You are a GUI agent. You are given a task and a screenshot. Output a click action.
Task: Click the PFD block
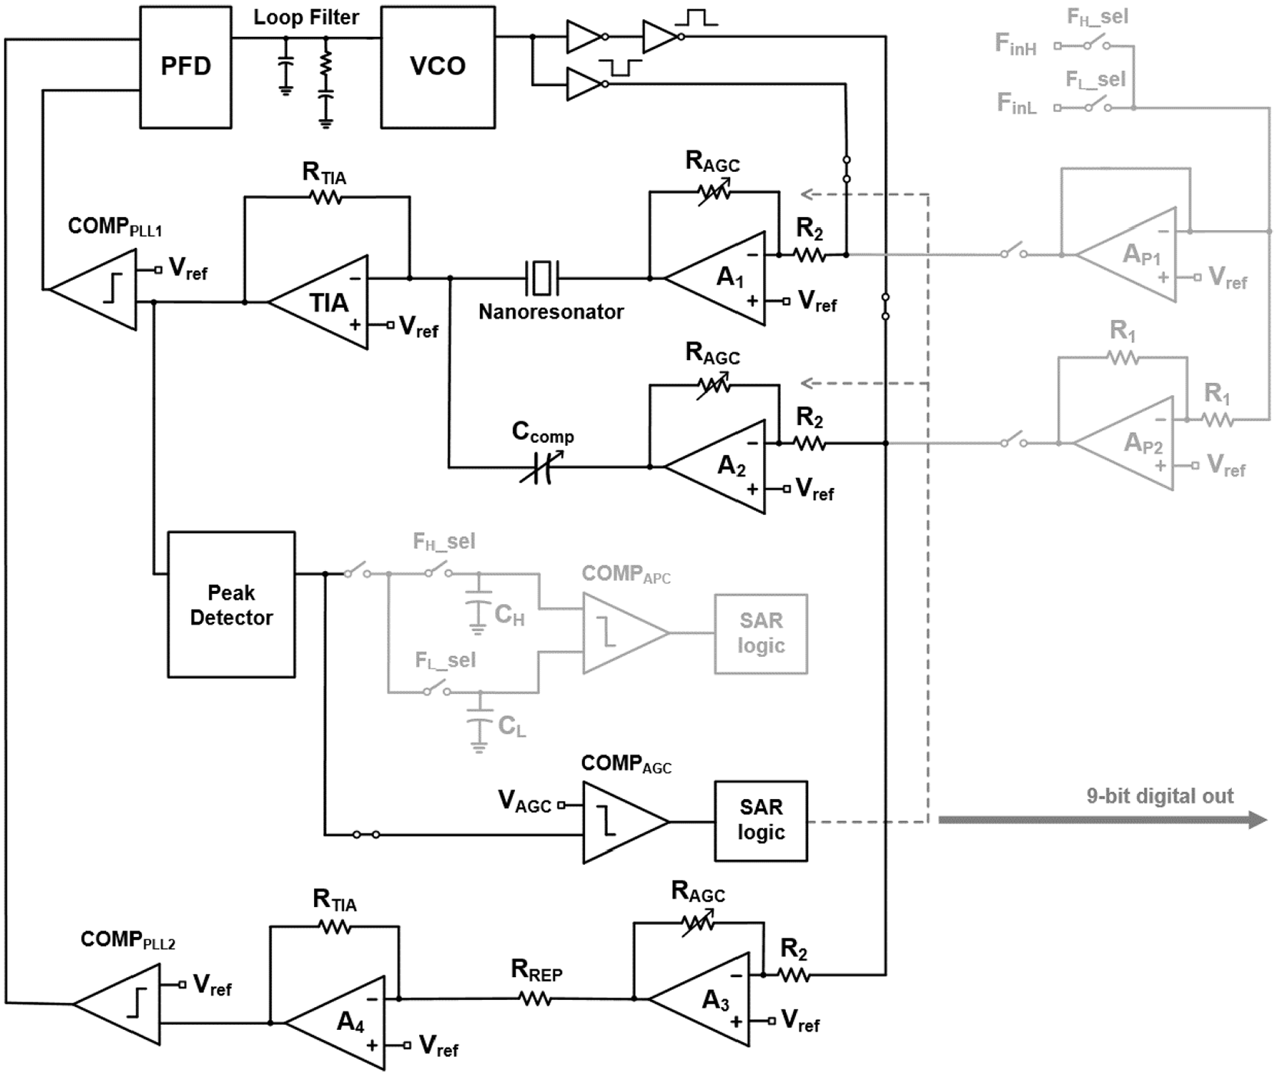coord(186,68)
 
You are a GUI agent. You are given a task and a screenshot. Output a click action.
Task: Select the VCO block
coord(438,68)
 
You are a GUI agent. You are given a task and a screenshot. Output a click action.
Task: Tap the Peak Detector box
coord(231,605)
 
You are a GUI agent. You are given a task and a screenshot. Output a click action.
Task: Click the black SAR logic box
coord(761,821)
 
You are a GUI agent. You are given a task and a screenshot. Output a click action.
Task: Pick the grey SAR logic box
coord(761,634)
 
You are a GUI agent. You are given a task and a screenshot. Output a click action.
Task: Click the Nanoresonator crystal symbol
coord(543,278)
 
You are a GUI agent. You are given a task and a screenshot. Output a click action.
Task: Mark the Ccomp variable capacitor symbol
coord(541,467)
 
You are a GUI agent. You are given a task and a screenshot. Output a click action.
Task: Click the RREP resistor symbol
coord(535,998)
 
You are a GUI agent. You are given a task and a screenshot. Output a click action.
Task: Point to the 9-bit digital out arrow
coord(1102,820)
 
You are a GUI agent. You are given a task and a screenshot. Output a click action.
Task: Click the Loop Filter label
coord(306,18)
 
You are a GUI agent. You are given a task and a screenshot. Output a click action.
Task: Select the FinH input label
coord(1015,45)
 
